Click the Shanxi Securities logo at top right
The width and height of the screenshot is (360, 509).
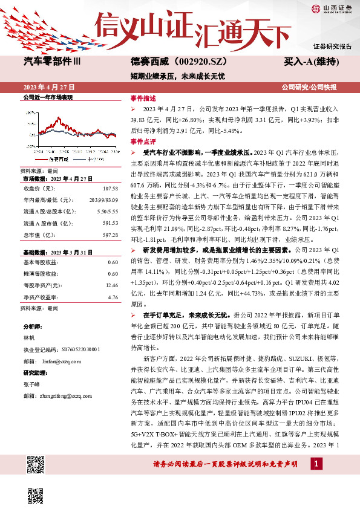332,9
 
